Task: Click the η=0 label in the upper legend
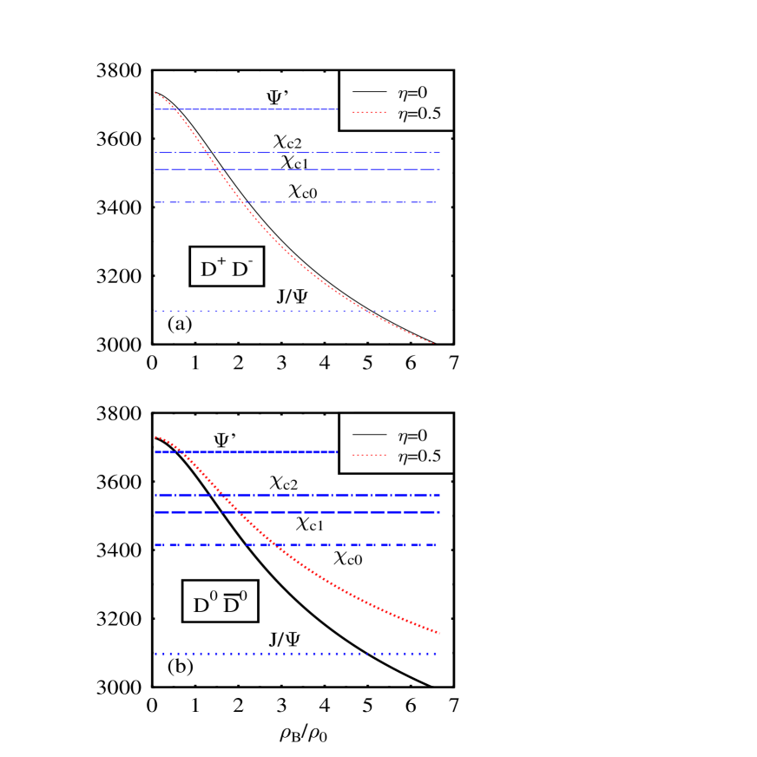click(412, 93)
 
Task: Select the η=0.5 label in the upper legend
click(419, 113)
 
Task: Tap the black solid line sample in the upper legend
click(369, 92)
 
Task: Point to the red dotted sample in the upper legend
click(369, 112)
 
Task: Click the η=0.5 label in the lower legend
click(419, 456)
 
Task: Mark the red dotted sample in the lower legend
click(369, 455)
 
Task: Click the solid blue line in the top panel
click(260, 109)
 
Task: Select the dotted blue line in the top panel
click(260, 311)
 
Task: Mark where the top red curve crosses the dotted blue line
click(365, 311)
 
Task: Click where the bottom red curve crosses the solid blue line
click(184, 452)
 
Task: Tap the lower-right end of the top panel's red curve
click(431, 343)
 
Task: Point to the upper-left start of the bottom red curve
click(155, 437)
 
